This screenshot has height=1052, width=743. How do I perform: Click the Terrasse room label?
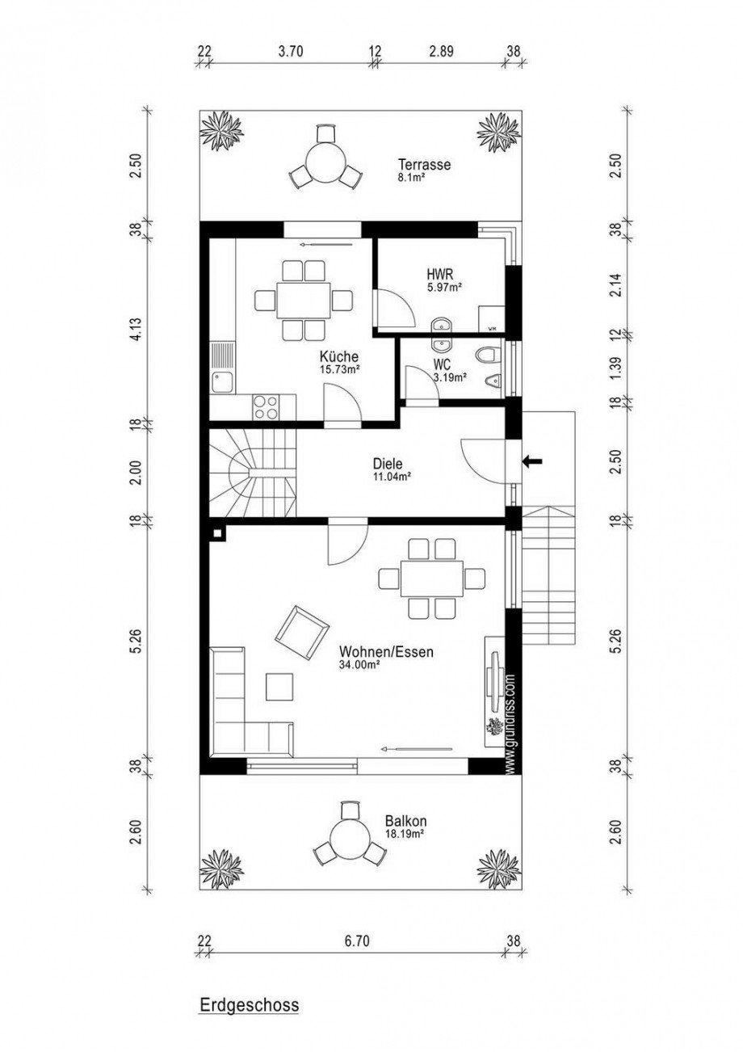(423, 165)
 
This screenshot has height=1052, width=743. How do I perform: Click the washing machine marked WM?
(491, 318)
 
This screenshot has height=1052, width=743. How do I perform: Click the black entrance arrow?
(532, 462)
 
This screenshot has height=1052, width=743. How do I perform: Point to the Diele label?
(387, 465)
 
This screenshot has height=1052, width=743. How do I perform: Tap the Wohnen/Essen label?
(380, 651)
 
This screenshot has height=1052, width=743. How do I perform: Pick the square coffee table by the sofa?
(281, 687)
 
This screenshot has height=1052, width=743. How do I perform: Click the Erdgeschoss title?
(249, 1006)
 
